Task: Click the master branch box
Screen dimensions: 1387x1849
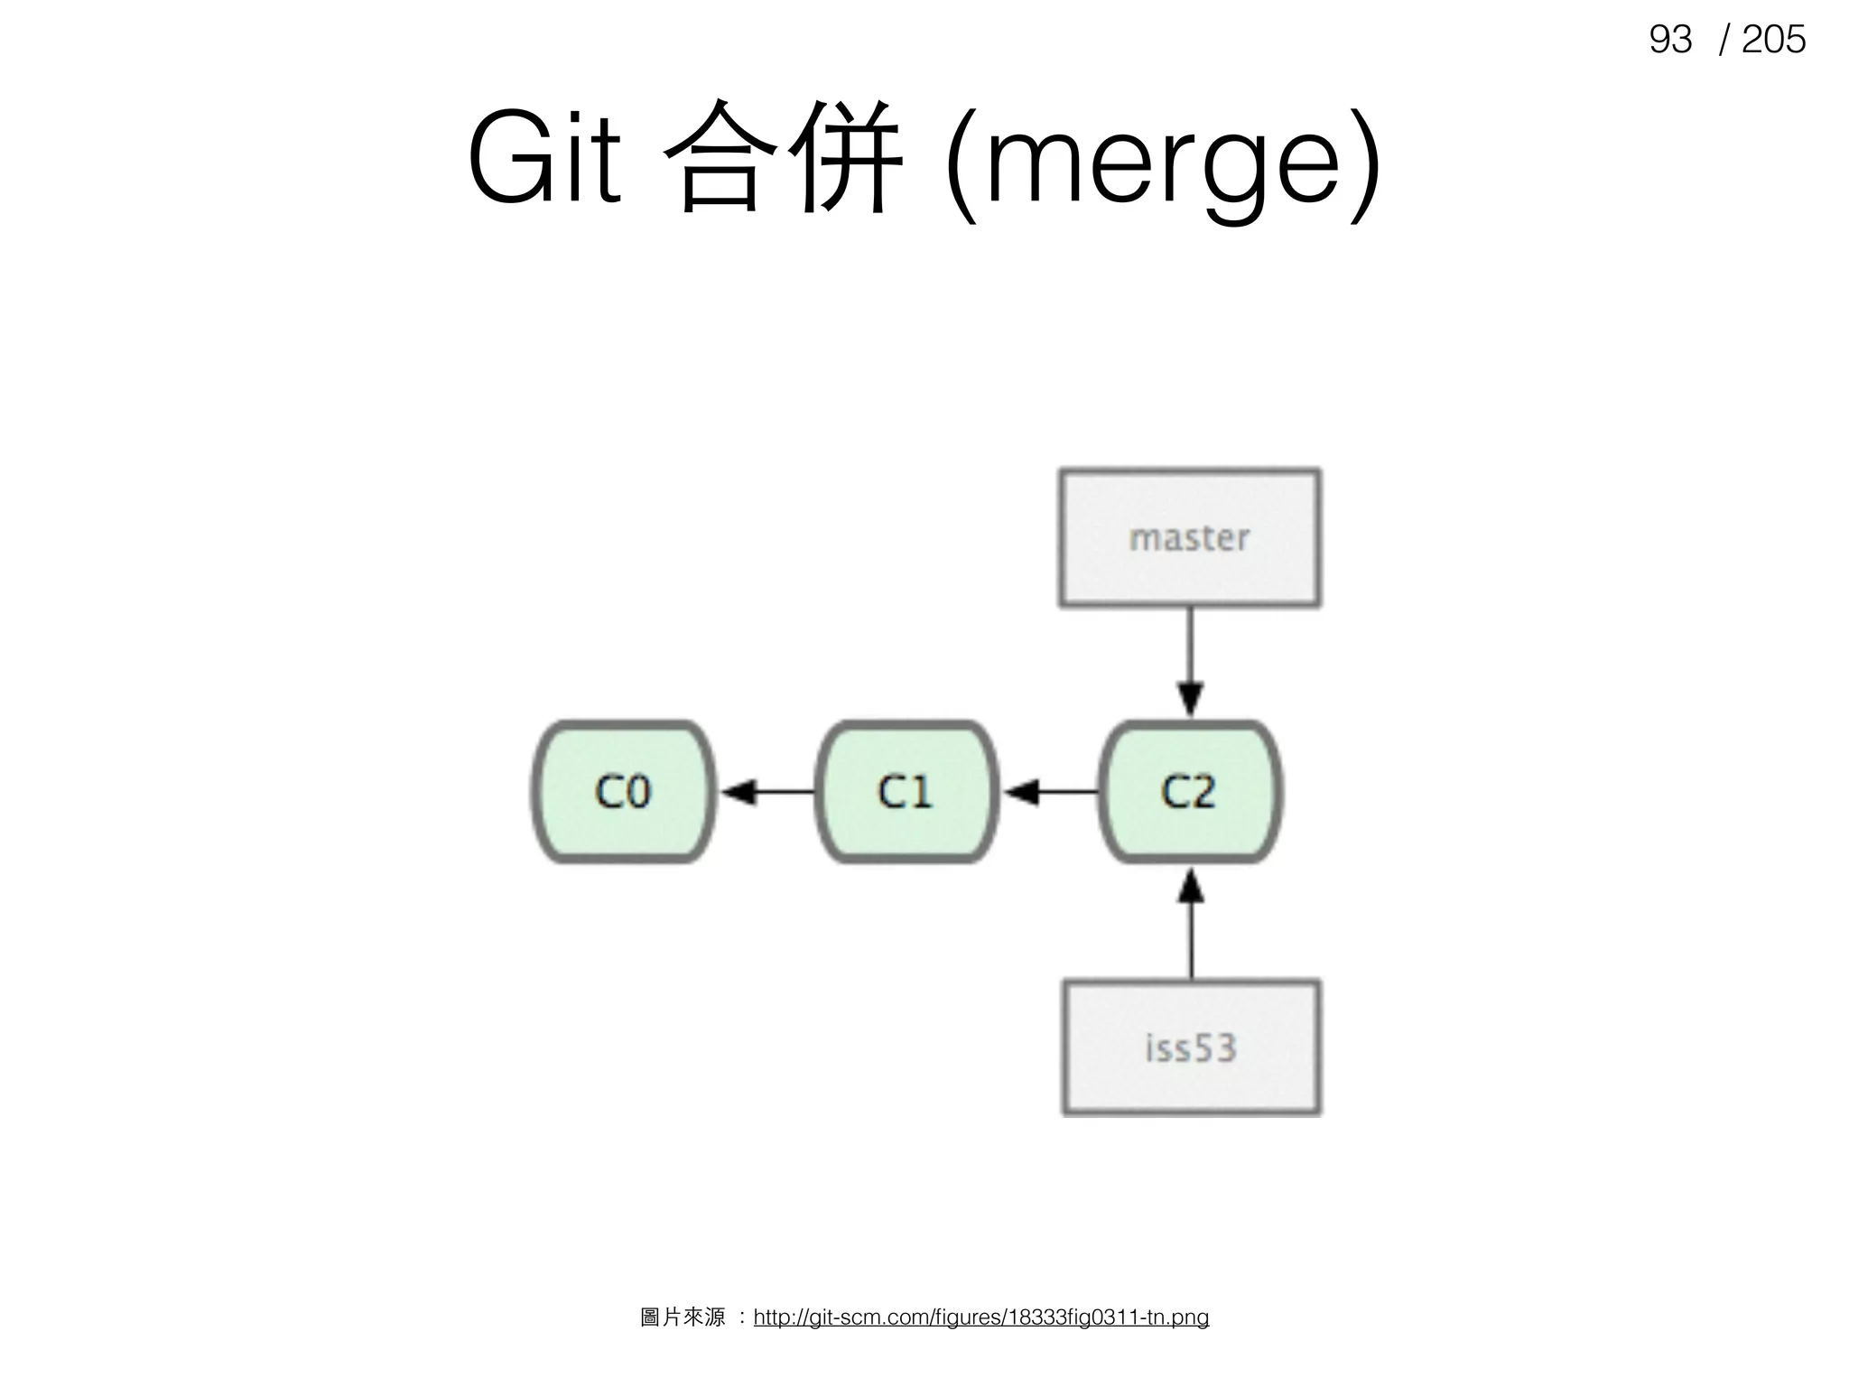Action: coord(1189,538)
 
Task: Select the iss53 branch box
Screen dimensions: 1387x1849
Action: coord(1191,1047)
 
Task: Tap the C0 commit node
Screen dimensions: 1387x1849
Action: coord(623,792)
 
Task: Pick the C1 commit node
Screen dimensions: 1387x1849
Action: coord(906,792)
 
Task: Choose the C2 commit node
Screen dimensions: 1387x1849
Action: coord(1190,792)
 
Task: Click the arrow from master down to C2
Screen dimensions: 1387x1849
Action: coord(1190,659)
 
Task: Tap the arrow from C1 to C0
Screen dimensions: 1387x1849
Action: coord(767,793)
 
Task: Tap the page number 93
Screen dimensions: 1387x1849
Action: coord(1669,40)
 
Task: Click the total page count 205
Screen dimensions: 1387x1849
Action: coord(1773,40)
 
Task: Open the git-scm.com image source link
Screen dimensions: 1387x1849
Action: coord(980,1317)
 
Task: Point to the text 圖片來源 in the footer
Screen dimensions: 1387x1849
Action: coord(683,1317)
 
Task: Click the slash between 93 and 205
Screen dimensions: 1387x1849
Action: coord(1724,40)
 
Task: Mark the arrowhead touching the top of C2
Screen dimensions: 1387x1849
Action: coord(1190,701)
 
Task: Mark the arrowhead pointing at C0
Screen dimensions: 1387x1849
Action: coord(739,793)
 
